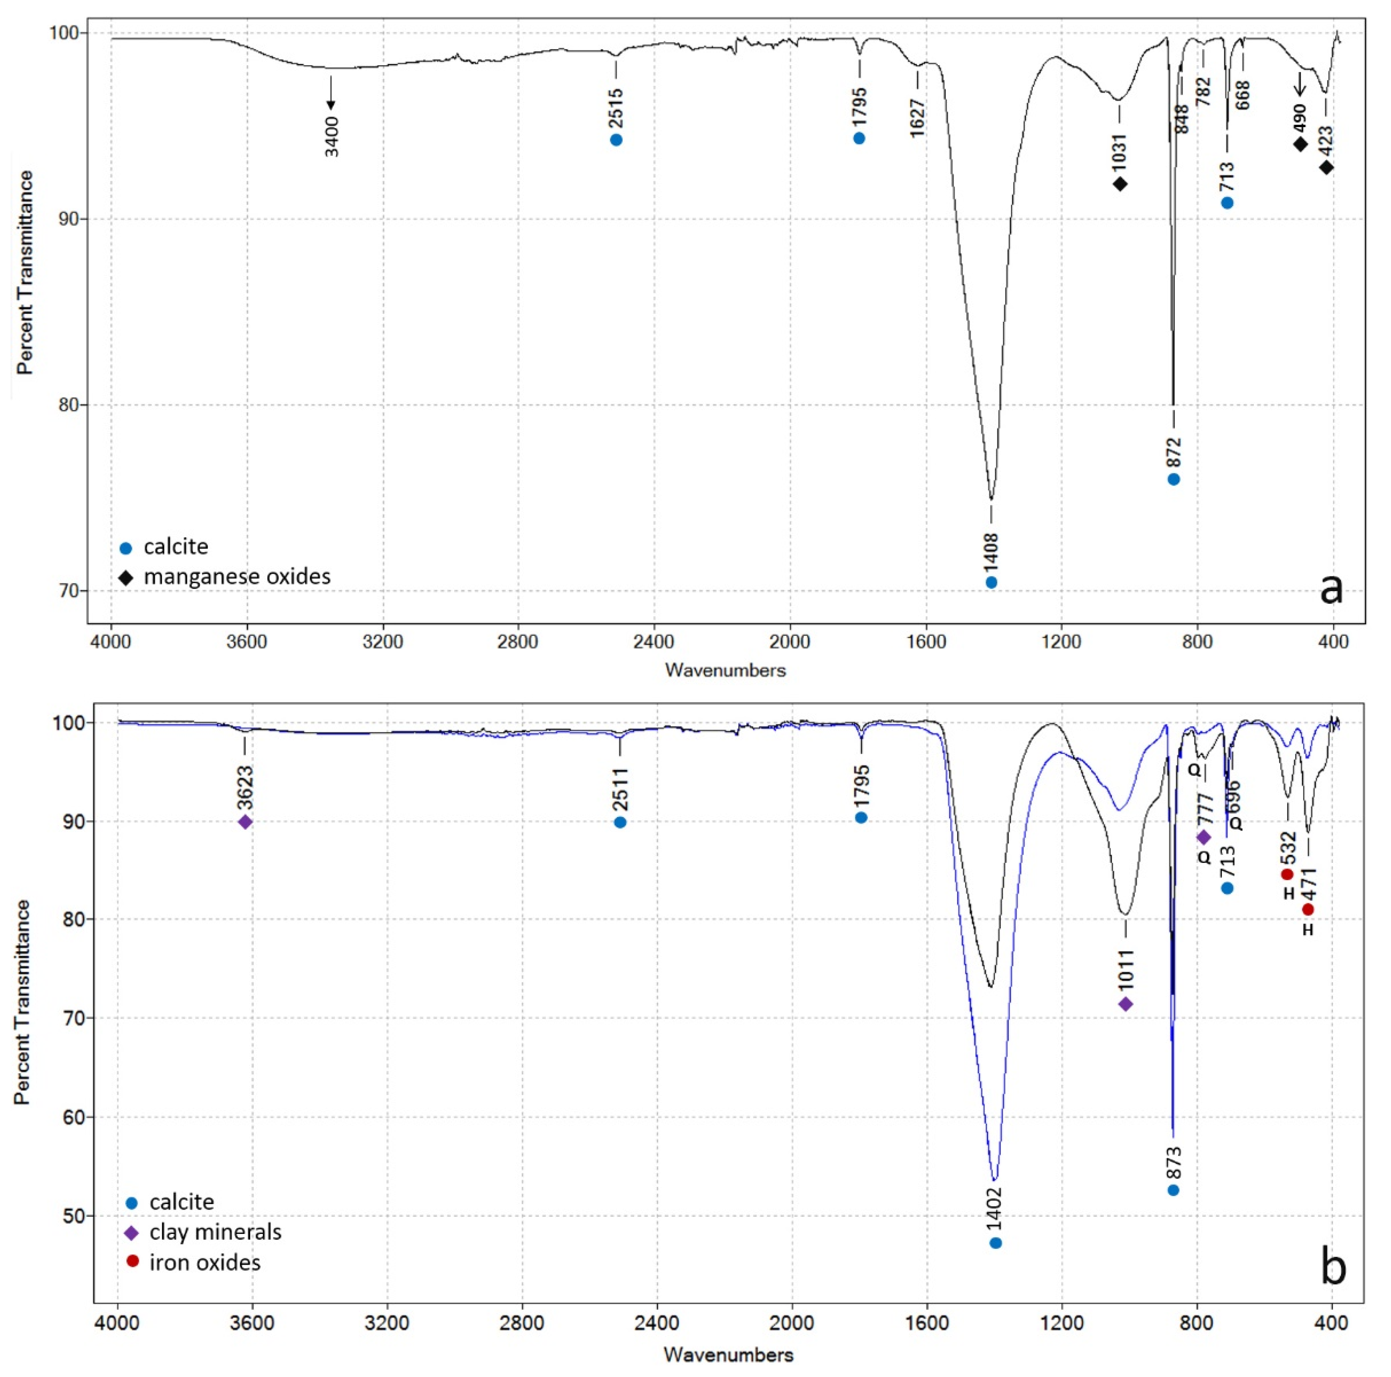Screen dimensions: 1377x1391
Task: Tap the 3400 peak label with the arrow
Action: tap(331, 135)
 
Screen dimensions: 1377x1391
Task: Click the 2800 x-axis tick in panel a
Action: tap(518, 642)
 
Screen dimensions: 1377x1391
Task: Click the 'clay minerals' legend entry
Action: tap(214, 1232)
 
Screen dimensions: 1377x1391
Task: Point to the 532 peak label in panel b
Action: tap(1288, 848)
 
